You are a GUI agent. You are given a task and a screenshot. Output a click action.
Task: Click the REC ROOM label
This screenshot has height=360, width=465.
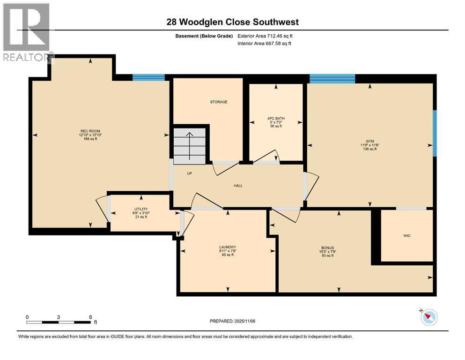click(90, 131)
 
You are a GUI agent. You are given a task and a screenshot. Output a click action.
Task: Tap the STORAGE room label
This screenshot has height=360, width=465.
click(219, 102)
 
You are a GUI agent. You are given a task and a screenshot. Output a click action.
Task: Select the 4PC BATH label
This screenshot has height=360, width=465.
click(276, 119)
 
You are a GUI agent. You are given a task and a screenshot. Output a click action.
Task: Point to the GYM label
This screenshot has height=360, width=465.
click(370, 141)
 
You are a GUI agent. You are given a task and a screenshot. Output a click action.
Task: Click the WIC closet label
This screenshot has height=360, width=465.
click(407, 236)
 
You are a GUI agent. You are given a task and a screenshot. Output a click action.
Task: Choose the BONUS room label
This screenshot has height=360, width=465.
click(327, 248)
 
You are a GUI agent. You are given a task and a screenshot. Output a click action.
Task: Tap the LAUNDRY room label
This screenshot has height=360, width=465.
click(228, 247)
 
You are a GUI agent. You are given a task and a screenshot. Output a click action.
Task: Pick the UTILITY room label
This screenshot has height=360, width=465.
click(141, 209)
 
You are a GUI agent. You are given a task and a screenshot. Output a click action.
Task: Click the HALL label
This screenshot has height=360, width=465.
click(238, 186)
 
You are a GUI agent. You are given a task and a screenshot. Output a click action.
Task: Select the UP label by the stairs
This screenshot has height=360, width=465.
click(190, 173)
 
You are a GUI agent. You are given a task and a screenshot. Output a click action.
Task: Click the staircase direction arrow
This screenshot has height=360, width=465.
click(189, 146)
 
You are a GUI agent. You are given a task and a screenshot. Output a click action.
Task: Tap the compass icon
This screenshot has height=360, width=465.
click(429, 317)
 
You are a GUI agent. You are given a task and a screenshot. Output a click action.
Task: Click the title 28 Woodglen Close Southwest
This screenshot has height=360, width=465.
click(232, 22)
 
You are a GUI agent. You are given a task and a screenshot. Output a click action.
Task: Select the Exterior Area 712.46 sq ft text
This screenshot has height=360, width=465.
click(265, 36)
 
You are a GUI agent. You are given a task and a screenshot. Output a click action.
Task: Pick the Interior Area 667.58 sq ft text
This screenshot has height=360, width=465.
click(264, 43)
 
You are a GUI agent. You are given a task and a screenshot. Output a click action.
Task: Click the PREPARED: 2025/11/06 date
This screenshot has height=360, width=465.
click(232, 321)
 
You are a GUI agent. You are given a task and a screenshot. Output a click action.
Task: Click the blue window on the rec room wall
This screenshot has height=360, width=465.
click(148, 77)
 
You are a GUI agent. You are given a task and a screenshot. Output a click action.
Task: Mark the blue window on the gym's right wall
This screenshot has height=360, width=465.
click(435, 133)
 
